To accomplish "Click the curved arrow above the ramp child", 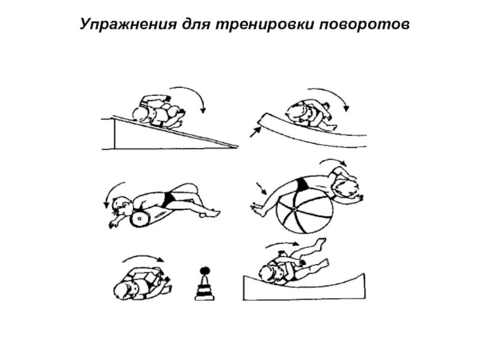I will (x=191, y=96).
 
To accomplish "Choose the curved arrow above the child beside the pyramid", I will (x=144, y=259).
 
